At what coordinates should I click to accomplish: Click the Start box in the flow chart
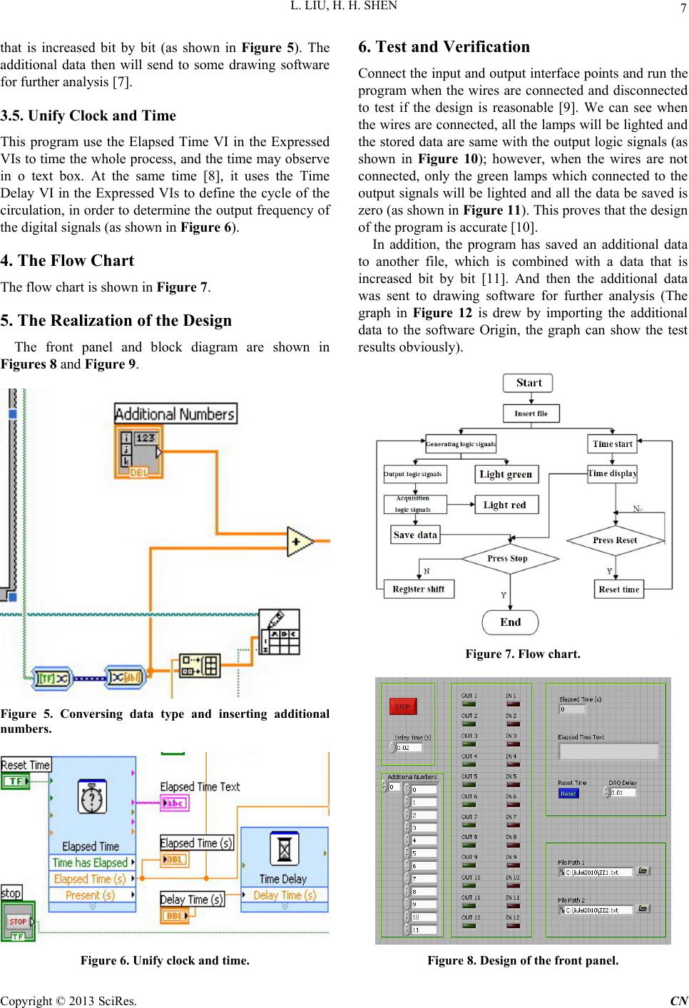(x=529, y=383)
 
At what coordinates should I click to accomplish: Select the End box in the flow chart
(x=510, y=622)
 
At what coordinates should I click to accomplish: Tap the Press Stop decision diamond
(x=508, y=559)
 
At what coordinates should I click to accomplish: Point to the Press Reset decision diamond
(x=615, y=540)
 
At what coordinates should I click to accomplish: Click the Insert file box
(x=531, y=413)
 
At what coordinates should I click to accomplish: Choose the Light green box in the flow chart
(x=506, y=474)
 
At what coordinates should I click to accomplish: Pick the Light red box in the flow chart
(x=506, y=505)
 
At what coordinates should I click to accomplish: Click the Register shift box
(x=418, y=589)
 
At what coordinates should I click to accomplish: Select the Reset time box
(x=618, y=589)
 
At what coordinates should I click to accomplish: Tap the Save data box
(x=414, y=535)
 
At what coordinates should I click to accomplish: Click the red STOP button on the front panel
(x=402, y=706)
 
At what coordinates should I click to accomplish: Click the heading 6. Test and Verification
(x=444, y=47)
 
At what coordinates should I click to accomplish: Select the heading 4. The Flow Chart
(x=68, y=261)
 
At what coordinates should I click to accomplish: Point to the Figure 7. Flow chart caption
(x=523, y=654)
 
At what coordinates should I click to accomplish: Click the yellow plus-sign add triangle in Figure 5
(x=299, y=542)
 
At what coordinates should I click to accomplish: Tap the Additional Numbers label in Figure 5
(x=175, y=413)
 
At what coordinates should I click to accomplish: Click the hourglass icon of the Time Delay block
(x=284, y=850)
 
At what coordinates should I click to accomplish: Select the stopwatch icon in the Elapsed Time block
(x=92, y=799)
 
